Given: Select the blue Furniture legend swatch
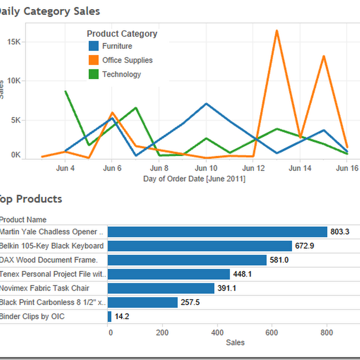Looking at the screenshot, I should coord(94,46).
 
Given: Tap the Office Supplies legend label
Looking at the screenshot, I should coord(127,60).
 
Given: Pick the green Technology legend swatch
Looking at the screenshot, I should coord(94,74).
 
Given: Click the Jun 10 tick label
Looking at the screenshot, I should coord(206,169).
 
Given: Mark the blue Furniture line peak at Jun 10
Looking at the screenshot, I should coord(207,104).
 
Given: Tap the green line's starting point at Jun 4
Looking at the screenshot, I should coord(66,91).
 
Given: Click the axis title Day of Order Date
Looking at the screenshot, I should coord(194,179).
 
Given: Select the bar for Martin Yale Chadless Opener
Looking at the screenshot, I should coord(217,232).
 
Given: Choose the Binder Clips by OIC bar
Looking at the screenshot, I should coord(109,316).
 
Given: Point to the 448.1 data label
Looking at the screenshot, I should coord(243,274).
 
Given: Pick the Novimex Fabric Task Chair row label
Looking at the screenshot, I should coord(45,288).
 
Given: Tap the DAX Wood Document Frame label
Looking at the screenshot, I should coord(49,260).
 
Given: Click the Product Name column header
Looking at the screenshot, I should coord(23,220).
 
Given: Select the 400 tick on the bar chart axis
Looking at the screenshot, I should coord(217,333).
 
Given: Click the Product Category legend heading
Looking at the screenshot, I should coord(122,34).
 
